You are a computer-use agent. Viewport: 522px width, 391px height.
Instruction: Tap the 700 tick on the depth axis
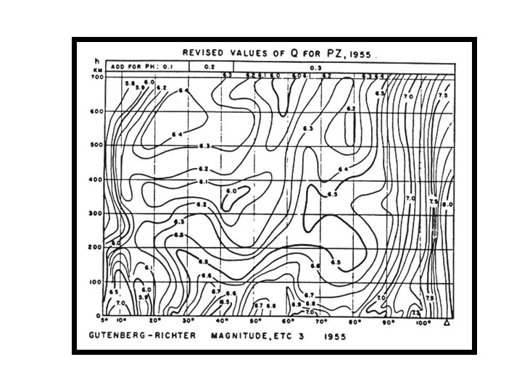tap(98, 77)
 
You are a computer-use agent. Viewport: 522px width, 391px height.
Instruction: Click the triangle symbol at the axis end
tap(448, 321)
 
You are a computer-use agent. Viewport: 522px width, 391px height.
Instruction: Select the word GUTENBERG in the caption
tap(118, 337)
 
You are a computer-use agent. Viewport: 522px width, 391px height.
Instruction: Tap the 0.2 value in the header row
tap(209, 66)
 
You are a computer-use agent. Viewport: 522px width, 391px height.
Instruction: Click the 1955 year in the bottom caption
tap(334, 337)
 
